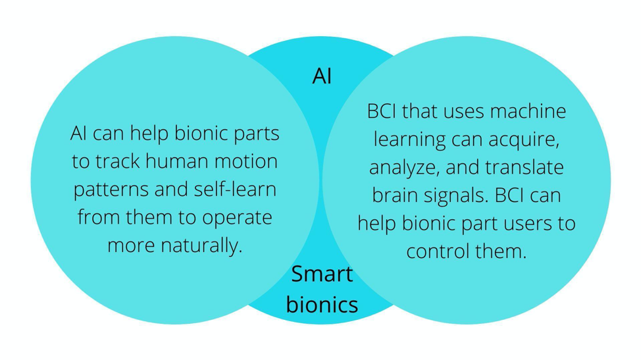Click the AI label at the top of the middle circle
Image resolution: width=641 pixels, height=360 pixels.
point(321,76)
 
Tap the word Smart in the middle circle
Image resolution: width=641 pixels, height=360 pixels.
point(322,274)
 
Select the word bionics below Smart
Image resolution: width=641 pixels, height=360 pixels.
point(322,305)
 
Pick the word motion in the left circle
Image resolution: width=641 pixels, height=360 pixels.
point(247,161)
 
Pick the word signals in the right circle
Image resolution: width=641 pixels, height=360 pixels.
point(458,196)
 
